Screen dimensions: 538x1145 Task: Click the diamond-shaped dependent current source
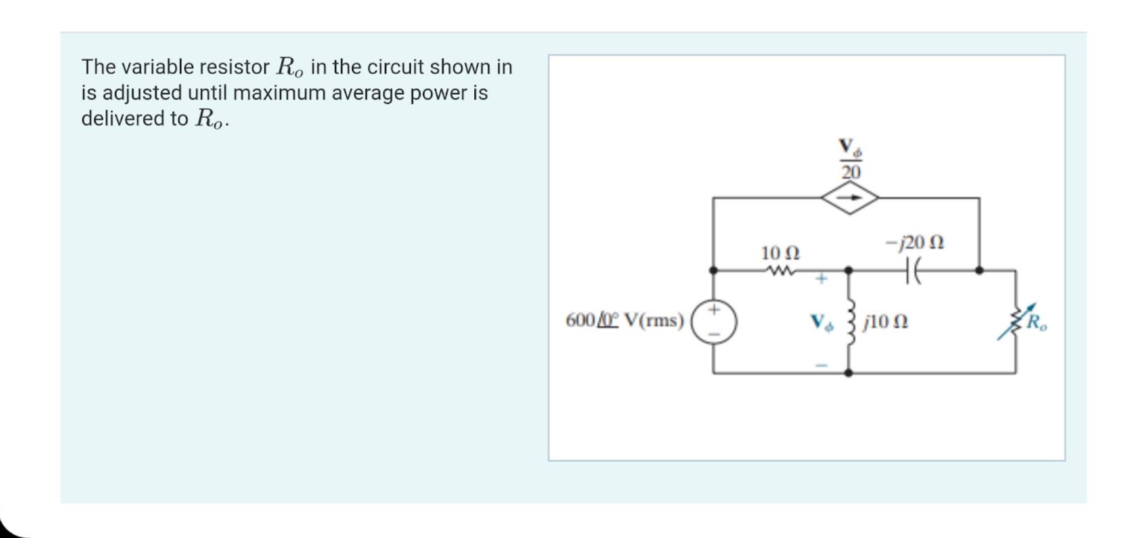coord(851,198)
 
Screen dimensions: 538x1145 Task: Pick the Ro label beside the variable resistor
coord(1037,323)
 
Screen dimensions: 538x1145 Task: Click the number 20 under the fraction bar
coord(851,172)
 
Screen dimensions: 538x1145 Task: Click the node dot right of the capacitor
coord(979,270)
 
